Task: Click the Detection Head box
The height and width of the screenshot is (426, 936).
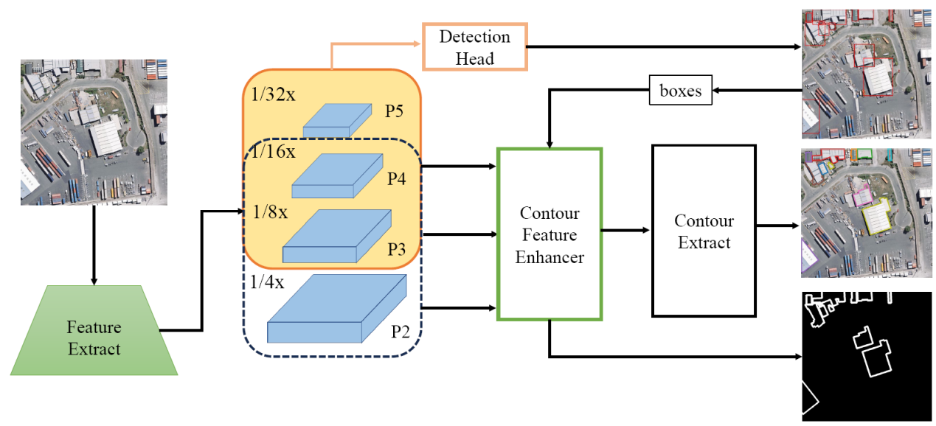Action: click(474, 46)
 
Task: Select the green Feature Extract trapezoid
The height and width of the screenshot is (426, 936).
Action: click(94, 338)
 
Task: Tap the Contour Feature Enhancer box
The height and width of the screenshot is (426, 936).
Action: click(550, 234)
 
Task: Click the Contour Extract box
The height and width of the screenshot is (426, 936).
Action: click(704, 231)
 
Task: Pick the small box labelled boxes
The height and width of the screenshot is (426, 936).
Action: click(680, 91)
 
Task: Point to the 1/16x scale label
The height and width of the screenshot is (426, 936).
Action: click(273, 152)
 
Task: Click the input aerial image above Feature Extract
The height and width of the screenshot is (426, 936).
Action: click(94, 132)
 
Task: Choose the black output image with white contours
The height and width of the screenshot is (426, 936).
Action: click(867, 356)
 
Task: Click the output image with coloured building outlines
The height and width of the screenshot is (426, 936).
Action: click(867, 213)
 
